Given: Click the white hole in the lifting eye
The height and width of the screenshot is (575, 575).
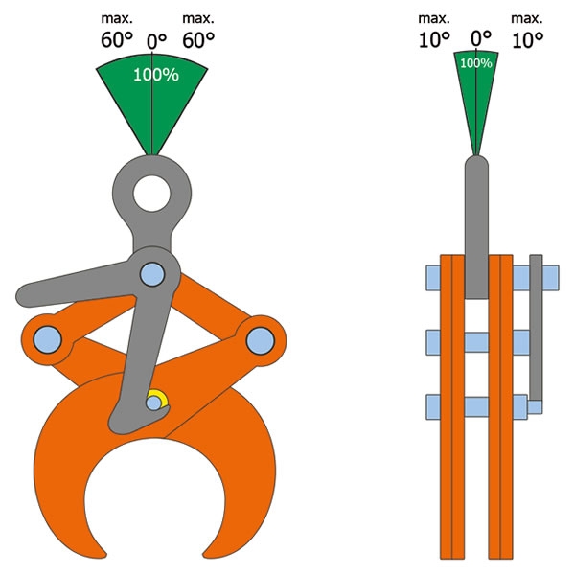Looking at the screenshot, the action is [151, 194].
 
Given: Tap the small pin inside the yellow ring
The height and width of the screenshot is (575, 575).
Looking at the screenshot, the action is [154, 403].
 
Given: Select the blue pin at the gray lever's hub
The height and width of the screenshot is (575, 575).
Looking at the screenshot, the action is [152, 274].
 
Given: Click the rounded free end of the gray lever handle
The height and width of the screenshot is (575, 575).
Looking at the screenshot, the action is [25, 296].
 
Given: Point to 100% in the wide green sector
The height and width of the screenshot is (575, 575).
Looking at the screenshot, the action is [156, 75].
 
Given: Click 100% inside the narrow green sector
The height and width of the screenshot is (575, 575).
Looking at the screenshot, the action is [476, 63].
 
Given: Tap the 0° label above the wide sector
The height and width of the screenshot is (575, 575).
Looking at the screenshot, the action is [156, 41].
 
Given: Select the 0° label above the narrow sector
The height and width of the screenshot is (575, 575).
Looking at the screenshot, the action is [481, 37].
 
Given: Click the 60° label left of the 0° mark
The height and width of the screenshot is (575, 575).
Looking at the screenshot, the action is [117, 39].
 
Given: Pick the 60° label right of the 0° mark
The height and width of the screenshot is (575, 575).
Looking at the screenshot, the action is [198, 39].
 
